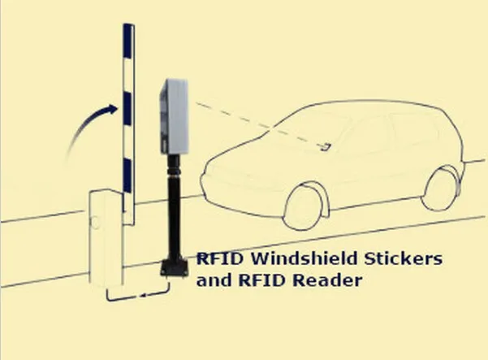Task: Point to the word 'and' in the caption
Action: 211,280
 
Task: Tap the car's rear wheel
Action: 442,186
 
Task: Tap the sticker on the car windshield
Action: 327,146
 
